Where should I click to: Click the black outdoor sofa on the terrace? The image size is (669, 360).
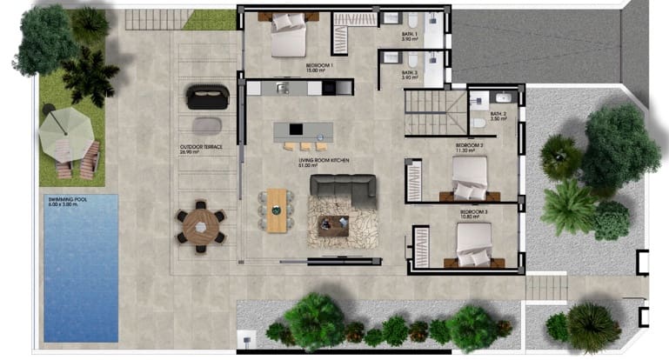[x=206, y=96]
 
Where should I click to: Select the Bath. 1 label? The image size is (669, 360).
[x=411, y=36]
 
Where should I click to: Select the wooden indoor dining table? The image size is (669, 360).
[x=276, y=210]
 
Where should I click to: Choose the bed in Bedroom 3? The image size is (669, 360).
[x=473, y=246]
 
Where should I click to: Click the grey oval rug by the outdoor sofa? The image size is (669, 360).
[x=206, y=124]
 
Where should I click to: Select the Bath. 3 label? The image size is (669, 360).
[x=411, y=75]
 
